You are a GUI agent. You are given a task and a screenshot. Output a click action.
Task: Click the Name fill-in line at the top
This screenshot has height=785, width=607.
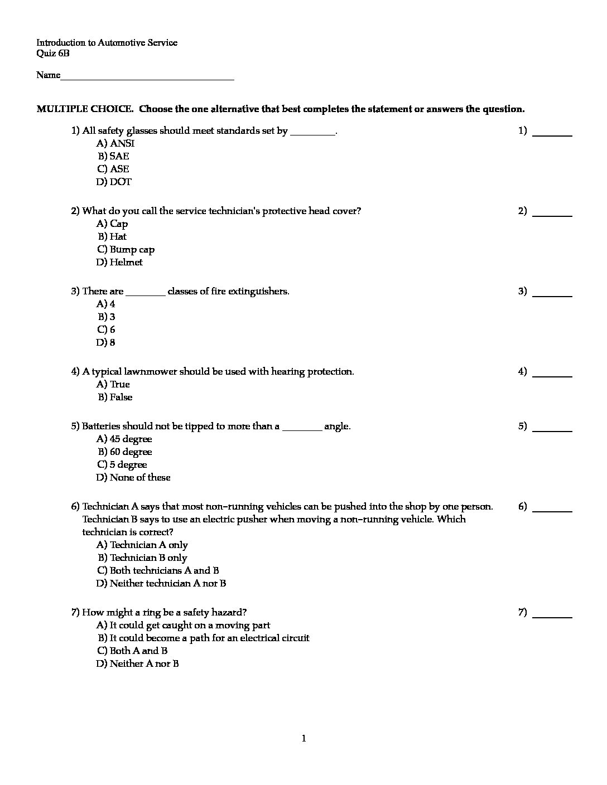tap(147, 77)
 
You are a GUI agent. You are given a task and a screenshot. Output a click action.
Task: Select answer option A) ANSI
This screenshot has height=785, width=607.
tap(115, 144)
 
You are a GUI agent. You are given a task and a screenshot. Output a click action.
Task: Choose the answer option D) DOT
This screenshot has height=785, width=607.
tap(114, 182)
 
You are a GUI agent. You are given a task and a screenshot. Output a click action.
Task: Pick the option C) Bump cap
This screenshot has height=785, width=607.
tap(126, 250)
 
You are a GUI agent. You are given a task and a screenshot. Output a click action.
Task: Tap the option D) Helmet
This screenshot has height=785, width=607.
tap(119, 263)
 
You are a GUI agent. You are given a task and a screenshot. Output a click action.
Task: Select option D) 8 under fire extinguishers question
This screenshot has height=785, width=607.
tap(106, 343)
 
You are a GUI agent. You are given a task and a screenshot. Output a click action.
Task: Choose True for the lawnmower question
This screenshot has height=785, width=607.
tap(113, 385)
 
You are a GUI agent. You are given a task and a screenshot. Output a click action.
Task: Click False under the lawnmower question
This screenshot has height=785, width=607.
tap(115, 398)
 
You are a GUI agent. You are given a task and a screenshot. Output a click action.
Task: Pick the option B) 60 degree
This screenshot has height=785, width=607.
tap(125, 452)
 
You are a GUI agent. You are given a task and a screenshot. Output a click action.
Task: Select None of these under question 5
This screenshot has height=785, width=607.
tap(133, 478)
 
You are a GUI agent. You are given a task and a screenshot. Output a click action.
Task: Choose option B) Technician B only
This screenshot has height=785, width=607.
tap(143, 558)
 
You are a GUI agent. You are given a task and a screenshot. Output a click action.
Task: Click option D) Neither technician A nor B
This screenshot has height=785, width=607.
tap(161, 584)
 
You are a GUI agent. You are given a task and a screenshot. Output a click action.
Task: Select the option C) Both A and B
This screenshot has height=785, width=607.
tap(132, 651)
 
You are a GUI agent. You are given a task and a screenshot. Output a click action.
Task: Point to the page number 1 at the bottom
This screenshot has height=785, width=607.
tap(303, 739)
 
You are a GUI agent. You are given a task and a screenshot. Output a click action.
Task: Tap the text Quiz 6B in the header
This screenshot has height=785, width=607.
tap(53, 54)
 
